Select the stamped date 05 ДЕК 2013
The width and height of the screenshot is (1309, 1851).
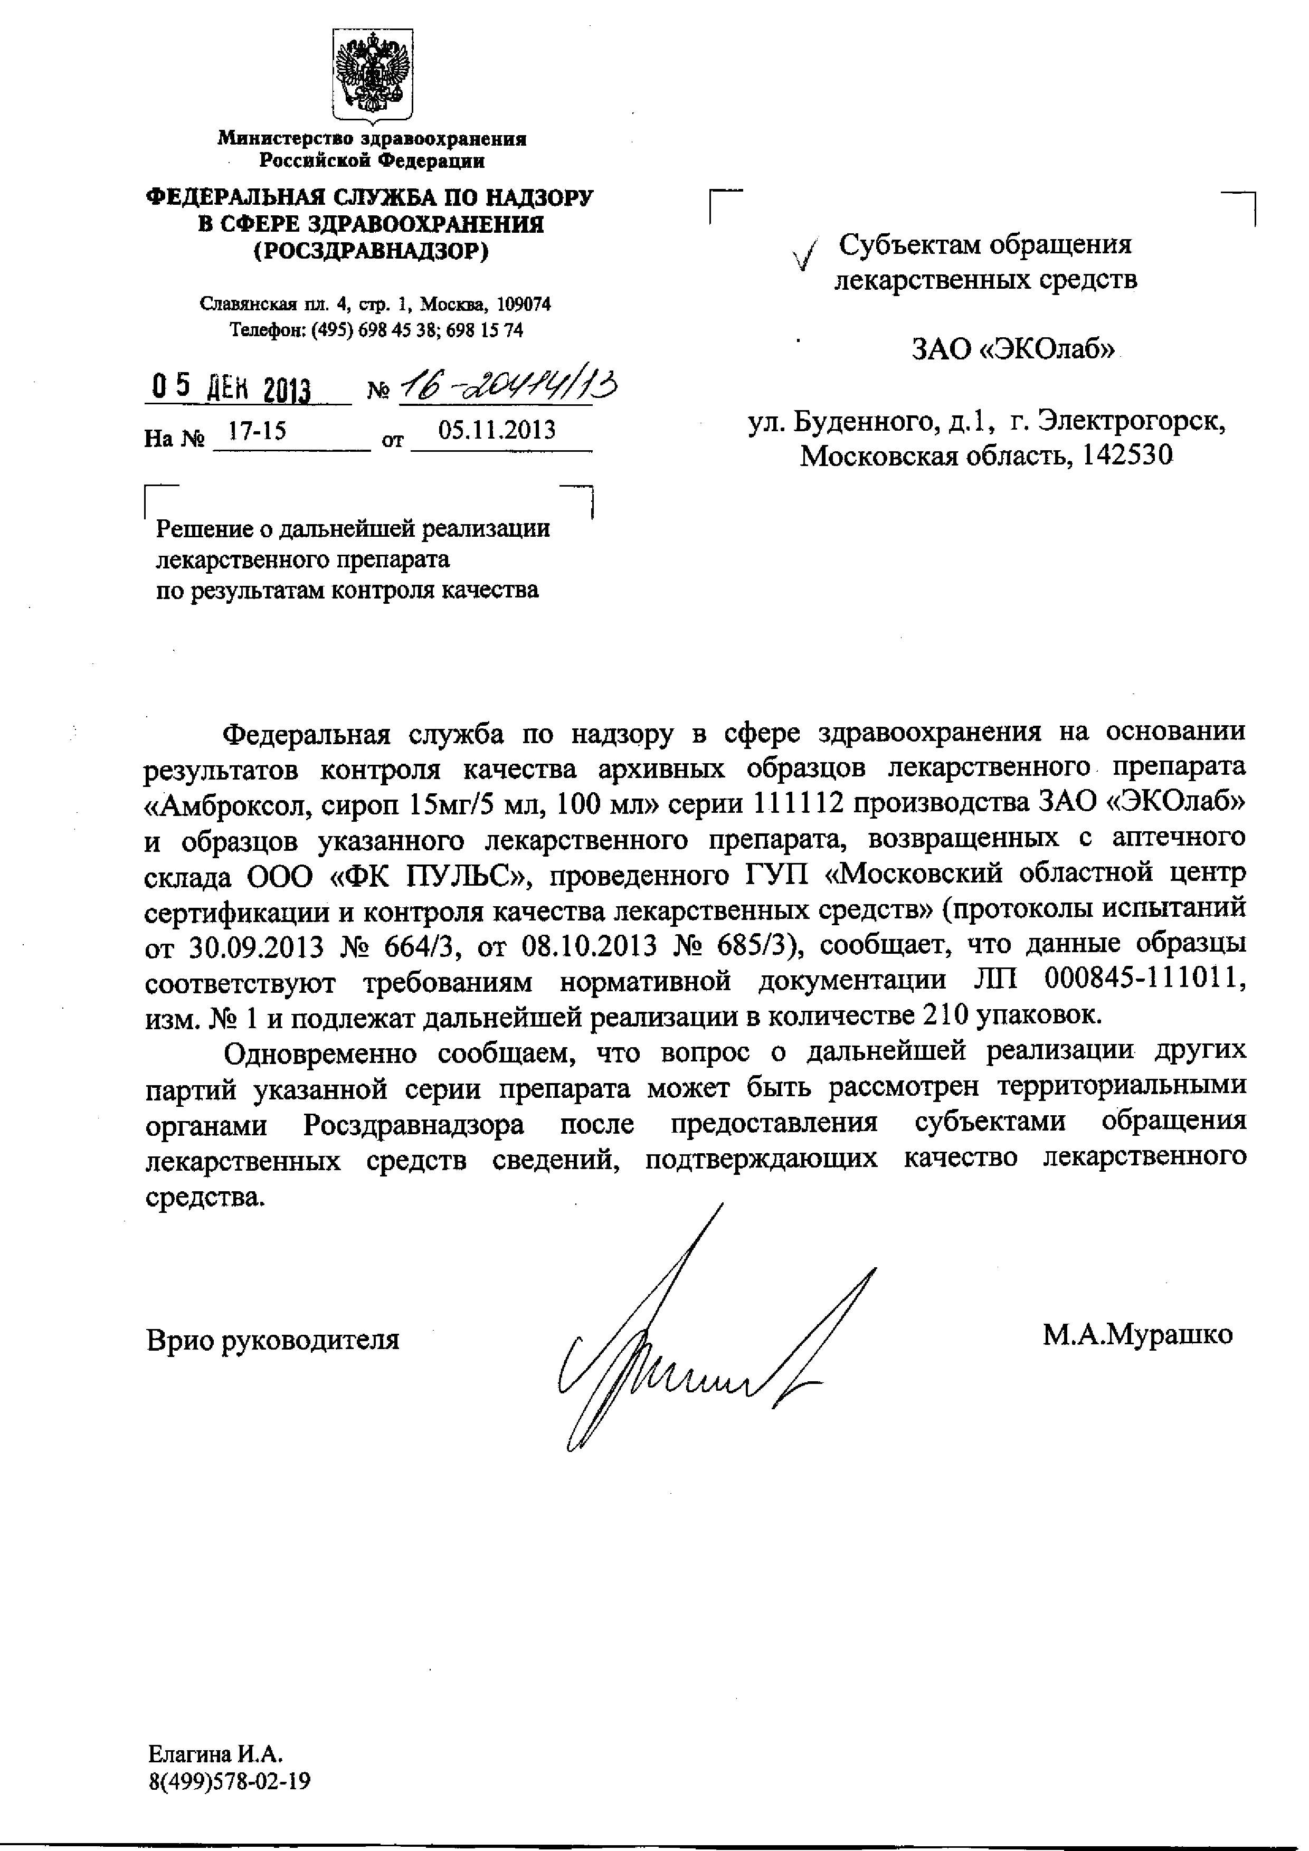click(x=231, y=390)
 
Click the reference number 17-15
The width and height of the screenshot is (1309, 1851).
click(x=257, y=431)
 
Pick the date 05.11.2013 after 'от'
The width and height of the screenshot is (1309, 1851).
click(x=497, y=430)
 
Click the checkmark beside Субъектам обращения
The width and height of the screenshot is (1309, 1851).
click(x=805, y=255)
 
